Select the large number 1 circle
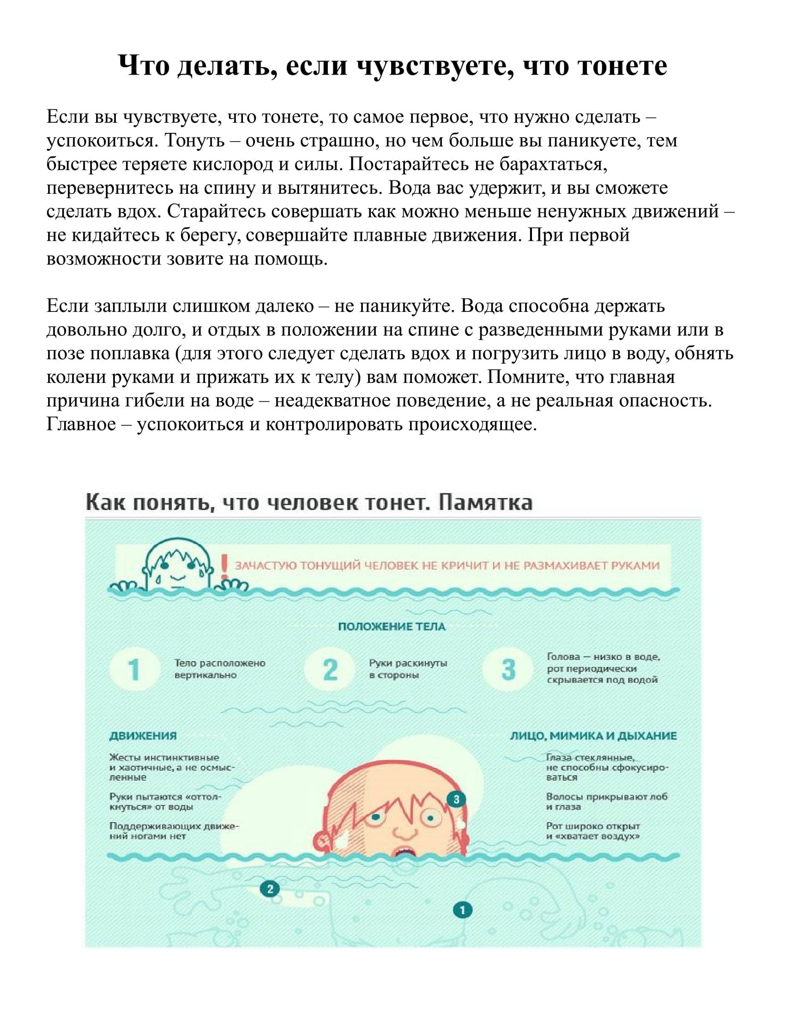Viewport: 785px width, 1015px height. coord(133,670)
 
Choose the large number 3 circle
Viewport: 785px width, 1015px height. coord(508,670)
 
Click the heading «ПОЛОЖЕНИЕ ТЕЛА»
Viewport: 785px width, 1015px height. coord(392,627)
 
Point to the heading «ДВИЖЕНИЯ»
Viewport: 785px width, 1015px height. coord(143,736)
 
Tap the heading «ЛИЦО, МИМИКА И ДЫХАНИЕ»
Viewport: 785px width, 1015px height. coord(593,736)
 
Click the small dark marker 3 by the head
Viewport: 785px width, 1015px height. coord(456,799)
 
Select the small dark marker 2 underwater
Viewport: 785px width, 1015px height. coord(270,889)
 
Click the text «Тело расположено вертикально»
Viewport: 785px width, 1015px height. coord(219,669)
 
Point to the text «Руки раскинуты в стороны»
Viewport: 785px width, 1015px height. coord(408,669)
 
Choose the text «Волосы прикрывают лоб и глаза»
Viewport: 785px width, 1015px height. coord(606,801)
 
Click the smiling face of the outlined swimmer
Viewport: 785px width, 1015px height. coord(177,568)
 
